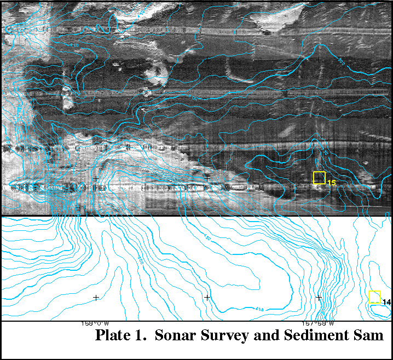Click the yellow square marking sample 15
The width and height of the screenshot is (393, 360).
[319, 178]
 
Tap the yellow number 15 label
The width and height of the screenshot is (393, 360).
[331, 182]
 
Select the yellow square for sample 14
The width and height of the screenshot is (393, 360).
[374, 297]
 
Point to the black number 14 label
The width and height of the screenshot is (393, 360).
[386, 302]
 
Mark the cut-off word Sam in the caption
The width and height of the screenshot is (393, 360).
[365, 335]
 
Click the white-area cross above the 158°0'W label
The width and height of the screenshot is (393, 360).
[96, 298]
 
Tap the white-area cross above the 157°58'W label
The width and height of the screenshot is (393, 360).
[319, 298]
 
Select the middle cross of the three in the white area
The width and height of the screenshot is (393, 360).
[207, 298]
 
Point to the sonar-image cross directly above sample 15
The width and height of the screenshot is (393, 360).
[319, 59]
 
